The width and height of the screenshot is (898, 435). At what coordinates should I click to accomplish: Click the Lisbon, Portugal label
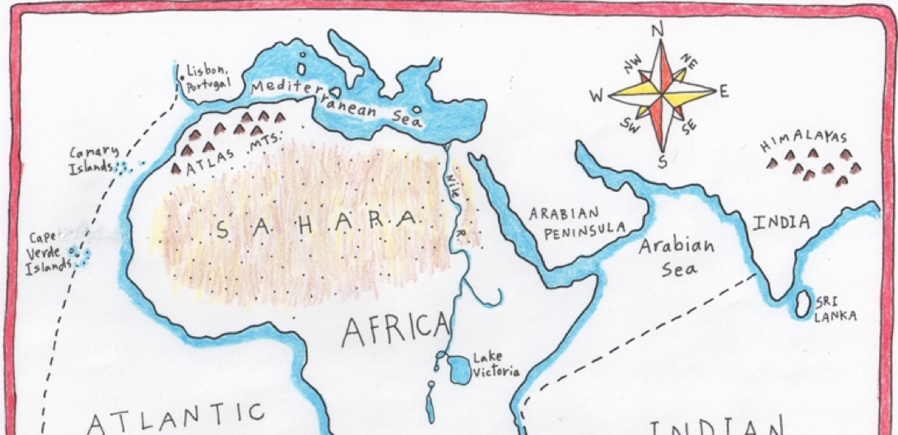(207, 77)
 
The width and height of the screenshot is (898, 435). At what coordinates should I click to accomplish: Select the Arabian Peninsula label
(576, 220)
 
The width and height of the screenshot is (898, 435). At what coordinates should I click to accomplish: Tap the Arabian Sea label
(677, 256)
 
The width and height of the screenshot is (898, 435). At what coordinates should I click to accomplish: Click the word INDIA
(779, 222)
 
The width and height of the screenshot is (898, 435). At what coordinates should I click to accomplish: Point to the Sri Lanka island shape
(798, 305)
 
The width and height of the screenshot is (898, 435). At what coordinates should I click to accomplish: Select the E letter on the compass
(724, 91)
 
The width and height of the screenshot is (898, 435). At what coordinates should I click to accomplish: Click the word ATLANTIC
(176, 417)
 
